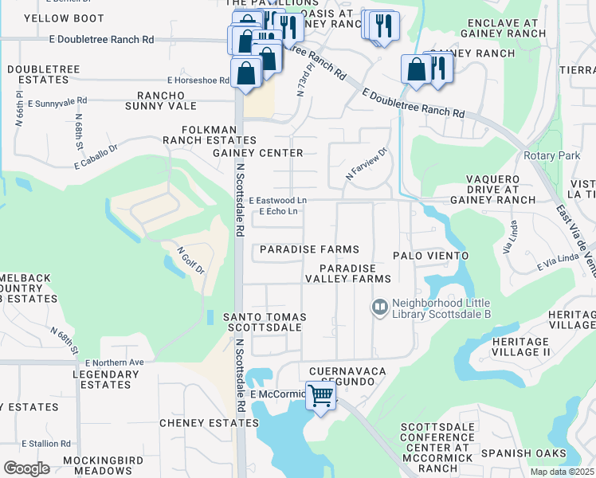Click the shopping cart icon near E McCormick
[x=320, y=394]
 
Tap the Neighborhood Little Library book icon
[x=381, y=306]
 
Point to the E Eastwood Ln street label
[x=277, y=201]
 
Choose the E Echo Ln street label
[x=279, y=212]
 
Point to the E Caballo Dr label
[x=96, y=156]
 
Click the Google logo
[x=26, y=468]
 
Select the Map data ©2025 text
[x=563, y=472]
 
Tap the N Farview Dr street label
[x=366, y=163]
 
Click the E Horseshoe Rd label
[x=198, y=80]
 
